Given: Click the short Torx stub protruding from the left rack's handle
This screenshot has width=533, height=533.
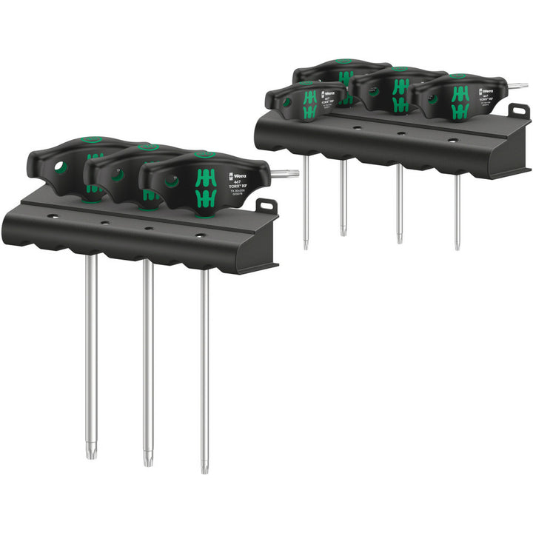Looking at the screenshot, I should (x=284, y=174).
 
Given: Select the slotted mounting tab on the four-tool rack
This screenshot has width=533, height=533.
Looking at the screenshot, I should (x=520, y=111).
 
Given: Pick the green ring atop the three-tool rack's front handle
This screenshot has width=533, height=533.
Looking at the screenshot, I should (x=202, y=155).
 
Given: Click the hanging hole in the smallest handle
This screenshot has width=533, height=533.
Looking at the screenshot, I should (x=286, y=103).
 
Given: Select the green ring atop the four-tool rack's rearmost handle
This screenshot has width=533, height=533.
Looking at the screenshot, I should (x=341, y=63).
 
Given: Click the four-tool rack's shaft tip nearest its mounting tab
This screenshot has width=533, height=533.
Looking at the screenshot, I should (x=457, y=245).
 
